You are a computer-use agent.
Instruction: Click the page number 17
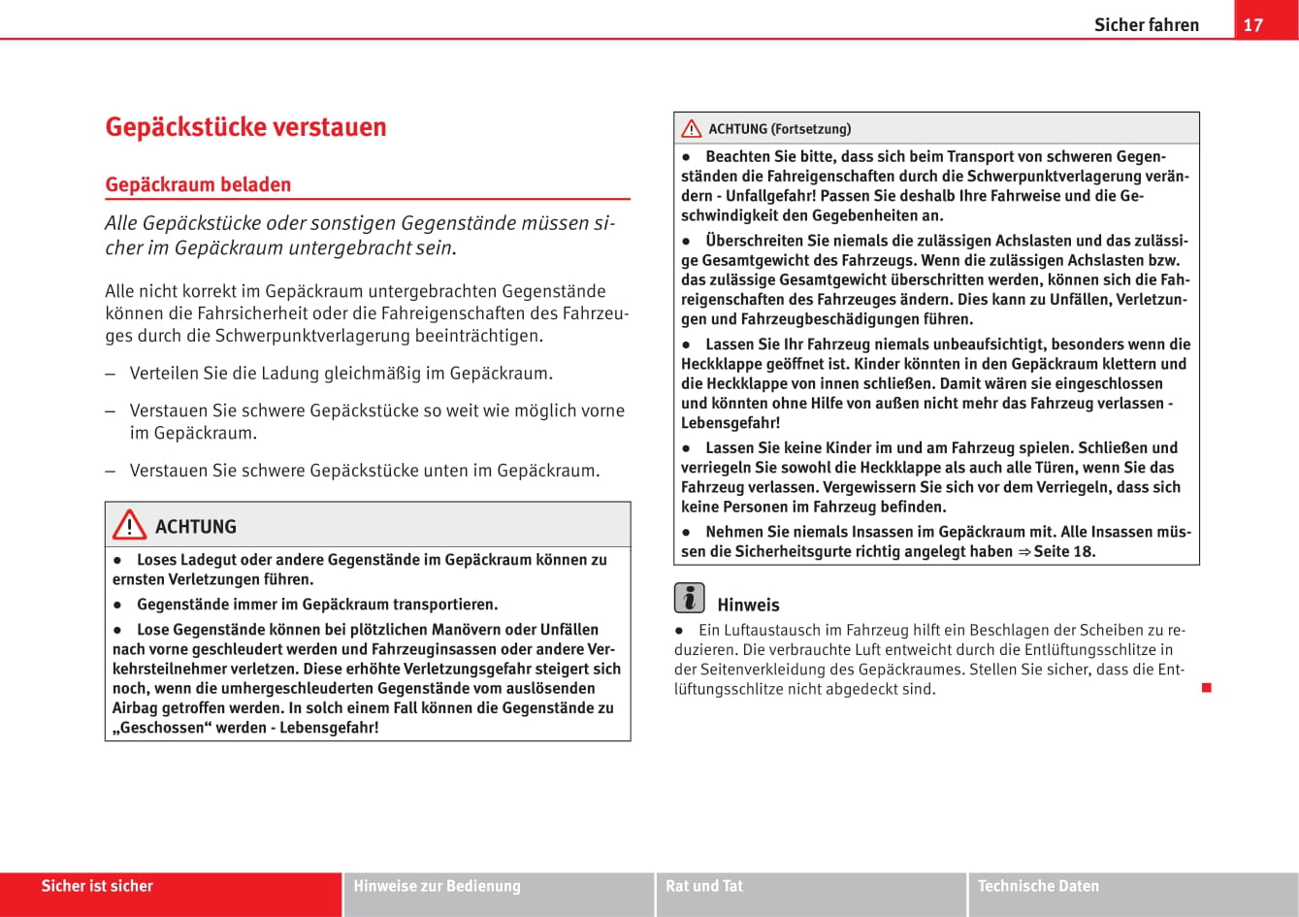[1253, 24]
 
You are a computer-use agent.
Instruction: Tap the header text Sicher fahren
[1146, 24]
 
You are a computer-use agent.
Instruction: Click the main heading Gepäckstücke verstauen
[245, 127]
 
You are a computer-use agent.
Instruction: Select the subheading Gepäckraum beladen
[198, 184]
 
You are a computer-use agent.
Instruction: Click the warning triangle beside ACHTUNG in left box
[128, 526]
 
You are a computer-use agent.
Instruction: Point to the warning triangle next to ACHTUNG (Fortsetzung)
[691, 129]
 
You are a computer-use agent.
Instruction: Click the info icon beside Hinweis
[689, 598]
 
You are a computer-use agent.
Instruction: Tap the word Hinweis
[748, 605]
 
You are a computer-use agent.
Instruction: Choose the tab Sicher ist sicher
[97, 886]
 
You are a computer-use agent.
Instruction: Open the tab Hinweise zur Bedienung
[437, 886]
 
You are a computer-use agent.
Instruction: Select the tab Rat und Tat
[704, 886]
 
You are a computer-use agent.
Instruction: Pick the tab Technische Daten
[1038, 886]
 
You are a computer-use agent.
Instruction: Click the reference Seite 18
[1064, 551]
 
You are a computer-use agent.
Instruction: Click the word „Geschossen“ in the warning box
[161, 728]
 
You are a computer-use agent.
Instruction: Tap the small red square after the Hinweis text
[1207, 688]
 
